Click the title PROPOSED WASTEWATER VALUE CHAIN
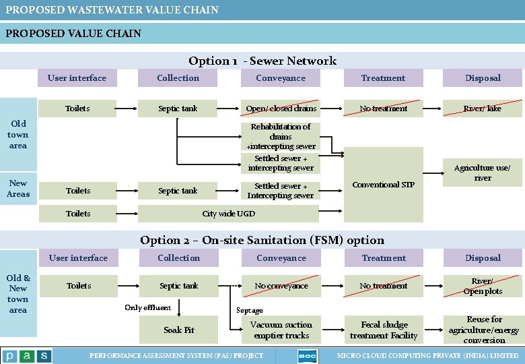tap(112, 9)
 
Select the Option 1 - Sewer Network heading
tap(262, 61)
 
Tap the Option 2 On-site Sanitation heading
tap(262, 240)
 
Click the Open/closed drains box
tap(281, 109)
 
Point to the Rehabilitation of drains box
tap(281, 136)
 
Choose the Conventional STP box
tap(383, 185)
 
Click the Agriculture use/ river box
tap(483, 173)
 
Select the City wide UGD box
tap(228, 214)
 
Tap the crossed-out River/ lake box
tap(483, 109)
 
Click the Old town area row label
tap(18, 134)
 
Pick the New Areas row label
tap(18, 189)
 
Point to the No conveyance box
tap(281, 286)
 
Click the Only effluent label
tap(147, 308)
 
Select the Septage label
tap(250, 311)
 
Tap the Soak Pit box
tap(179, 330)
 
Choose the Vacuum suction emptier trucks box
tap(281, 330)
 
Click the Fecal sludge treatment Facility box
tap(384, 330)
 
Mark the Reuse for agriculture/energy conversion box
tap(483, 330)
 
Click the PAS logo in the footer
tap(27, 356)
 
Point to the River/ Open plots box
tap(483, 286)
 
